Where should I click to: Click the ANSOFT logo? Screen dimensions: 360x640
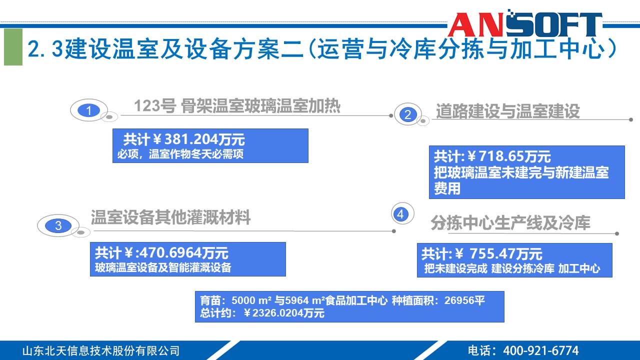click(x=524, y=24)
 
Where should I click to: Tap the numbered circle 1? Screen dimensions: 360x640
click(x=89, y=110)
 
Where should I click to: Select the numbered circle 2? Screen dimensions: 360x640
click(x=407, y=114)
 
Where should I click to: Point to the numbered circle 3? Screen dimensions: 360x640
click(x=58, y=225)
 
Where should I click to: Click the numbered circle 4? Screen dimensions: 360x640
click(x=400, y=214)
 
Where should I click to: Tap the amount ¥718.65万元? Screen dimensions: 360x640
click(x=510, y=156)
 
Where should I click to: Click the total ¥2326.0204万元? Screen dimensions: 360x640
click(x=283, y=313)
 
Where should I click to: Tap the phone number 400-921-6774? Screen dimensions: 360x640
click(x=540, y=350)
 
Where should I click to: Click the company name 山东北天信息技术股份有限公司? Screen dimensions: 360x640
click(x=100, y=350)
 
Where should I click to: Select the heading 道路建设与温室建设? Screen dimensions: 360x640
click(x=507, y=111)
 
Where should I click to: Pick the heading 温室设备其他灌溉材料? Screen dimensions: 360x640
click(x=170, y=217)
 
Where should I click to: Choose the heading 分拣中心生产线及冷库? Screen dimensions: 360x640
click(x=510, y=223)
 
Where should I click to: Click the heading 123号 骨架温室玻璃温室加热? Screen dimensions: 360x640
click(x=237, y=106)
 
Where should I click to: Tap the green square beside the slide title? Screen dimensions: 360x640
click(x=13, y=47)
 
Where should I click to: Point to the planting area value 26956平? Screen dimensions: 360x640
click(x=464, y=300)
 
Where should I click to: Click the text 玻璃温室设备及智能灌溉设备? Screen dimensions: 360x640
click(x=163, y=267)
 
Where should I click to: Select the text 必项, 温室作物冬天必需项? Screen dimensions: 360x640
click(x=180, y=154)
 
